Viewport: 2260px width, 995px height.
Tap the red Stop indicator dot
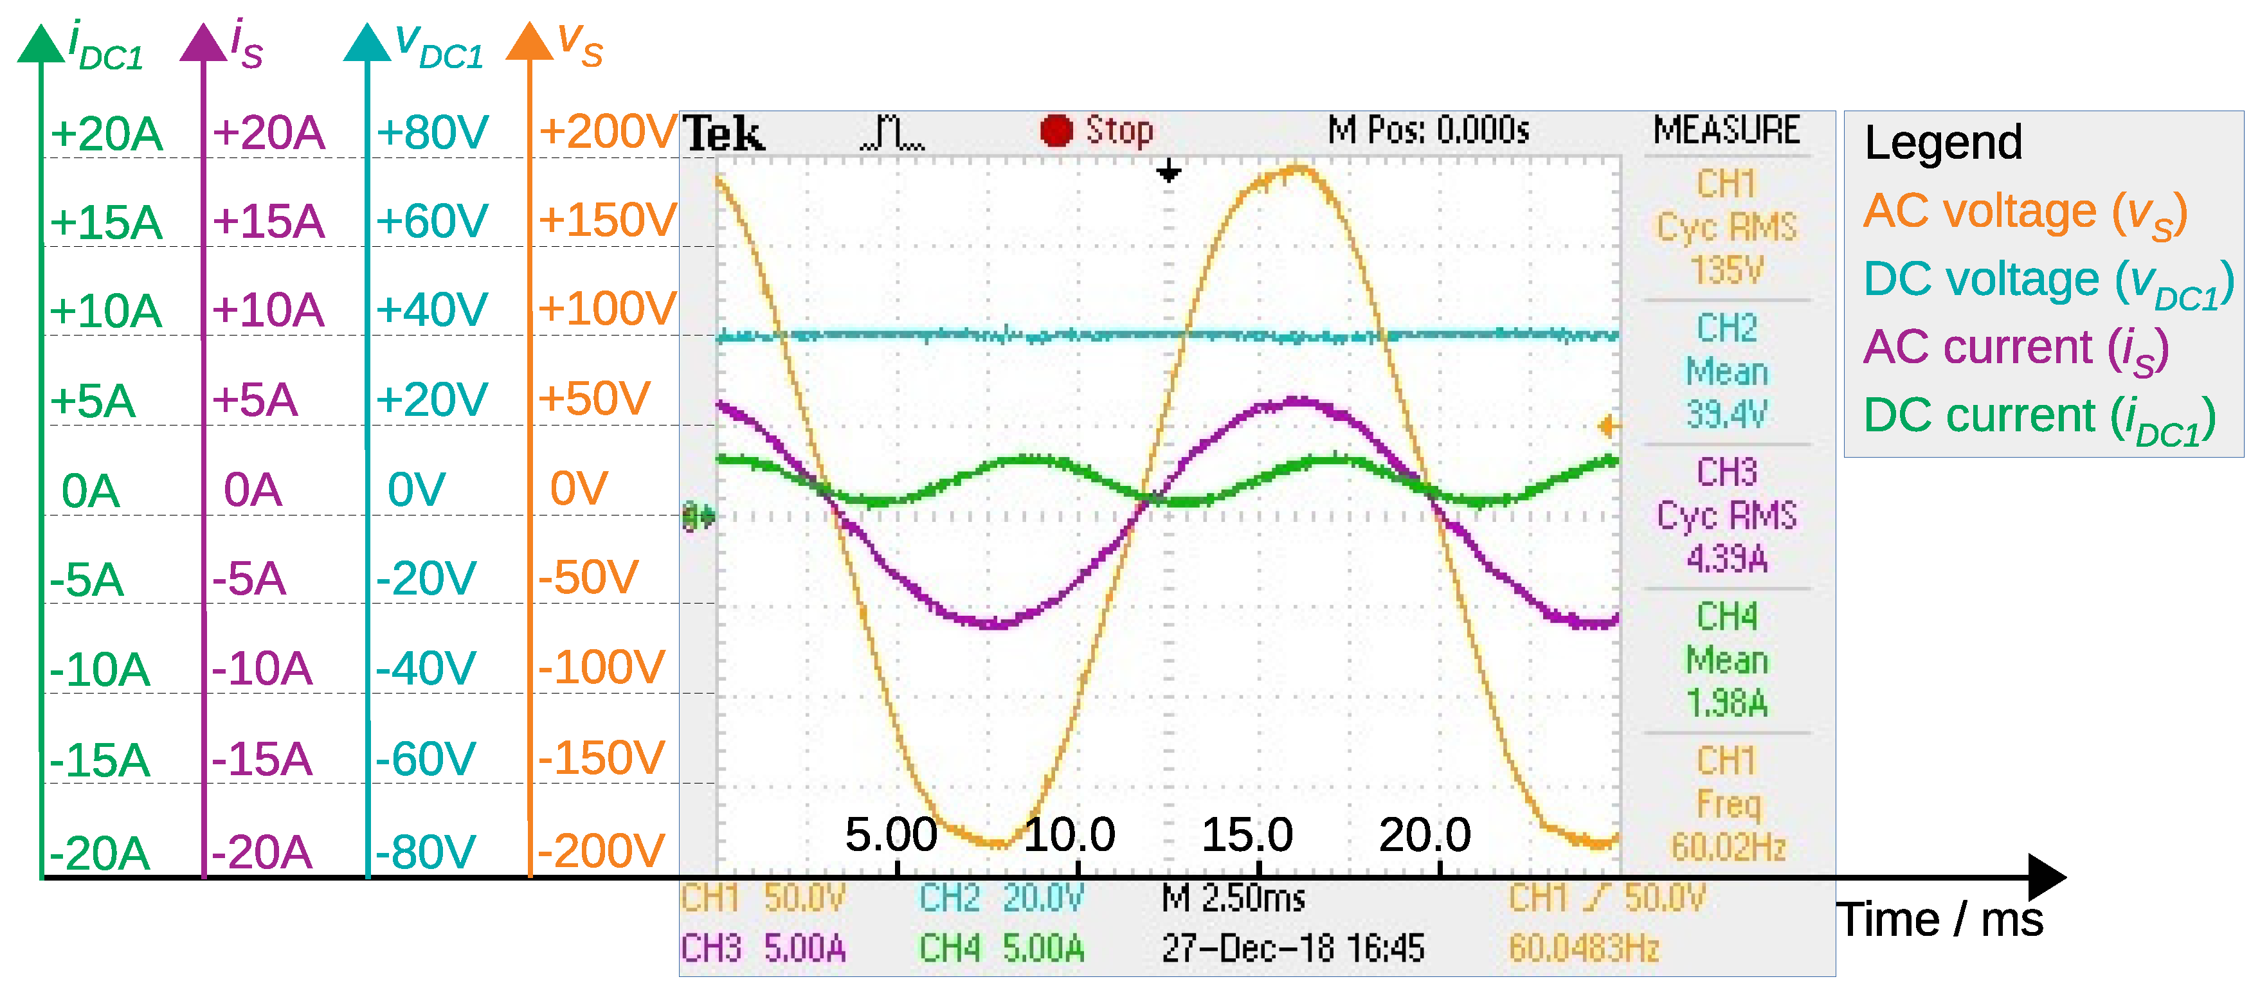(x=1056, y=130)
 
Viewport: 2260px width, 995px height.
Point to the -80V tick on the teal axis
(x=426, y=851)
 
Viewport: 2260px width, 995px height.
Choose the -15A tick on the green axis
(x=99, y=760)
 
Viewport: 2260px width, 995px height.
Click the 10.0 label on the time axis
(x=1069, y=834)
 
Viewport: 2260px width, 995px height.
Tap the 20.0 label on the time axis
(x=1425, y=834)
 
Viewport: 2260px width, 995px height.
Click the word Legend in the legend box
(x=1943, y=142)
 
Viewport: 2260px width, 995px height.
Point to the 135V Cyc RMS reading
(x=1726, y=269)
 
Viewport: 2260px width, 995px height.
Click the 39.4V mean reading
(x=1726, y=413)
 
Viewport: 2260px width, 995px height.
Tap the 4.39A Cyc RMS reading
(x=1726, y=558)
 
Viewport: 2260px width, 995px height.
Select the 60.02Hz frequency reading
(x=1728, y=847)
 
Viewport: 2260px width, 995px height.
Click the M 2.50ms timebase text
(x=1233, y=897)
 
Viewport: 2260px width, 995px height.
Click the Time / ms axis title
(x=1940, y=920)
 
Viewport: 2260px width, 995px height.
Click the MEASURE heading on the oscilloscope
(x=1726, y=130)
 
